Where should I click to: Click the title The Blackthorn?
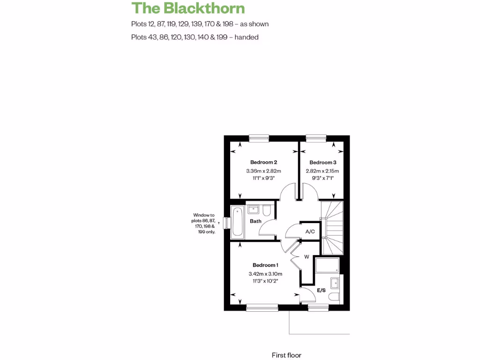pos(188,8)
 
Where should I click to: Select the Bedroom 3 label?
pos(323,162)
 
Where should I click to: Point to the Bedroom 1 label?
pos(265,265)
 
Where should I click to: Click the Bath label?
pos(255,221)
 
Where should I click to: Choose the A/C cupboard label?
pos(310,232)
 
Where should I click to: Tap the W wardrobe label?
pos(307,257)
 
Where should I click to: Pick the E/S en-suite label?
pos(321,291)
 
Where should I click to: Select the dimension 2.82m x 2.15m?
pos(322,171)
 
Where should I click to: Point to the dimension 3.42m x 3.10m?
pos(265,274)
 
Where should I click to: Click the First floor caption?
pos(286,355)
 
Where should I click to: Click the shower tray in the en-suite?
pos(327,265)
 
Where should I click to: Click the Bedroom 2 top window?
pos(259,137)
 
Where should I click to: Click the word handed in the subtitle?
pos(247,37)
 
